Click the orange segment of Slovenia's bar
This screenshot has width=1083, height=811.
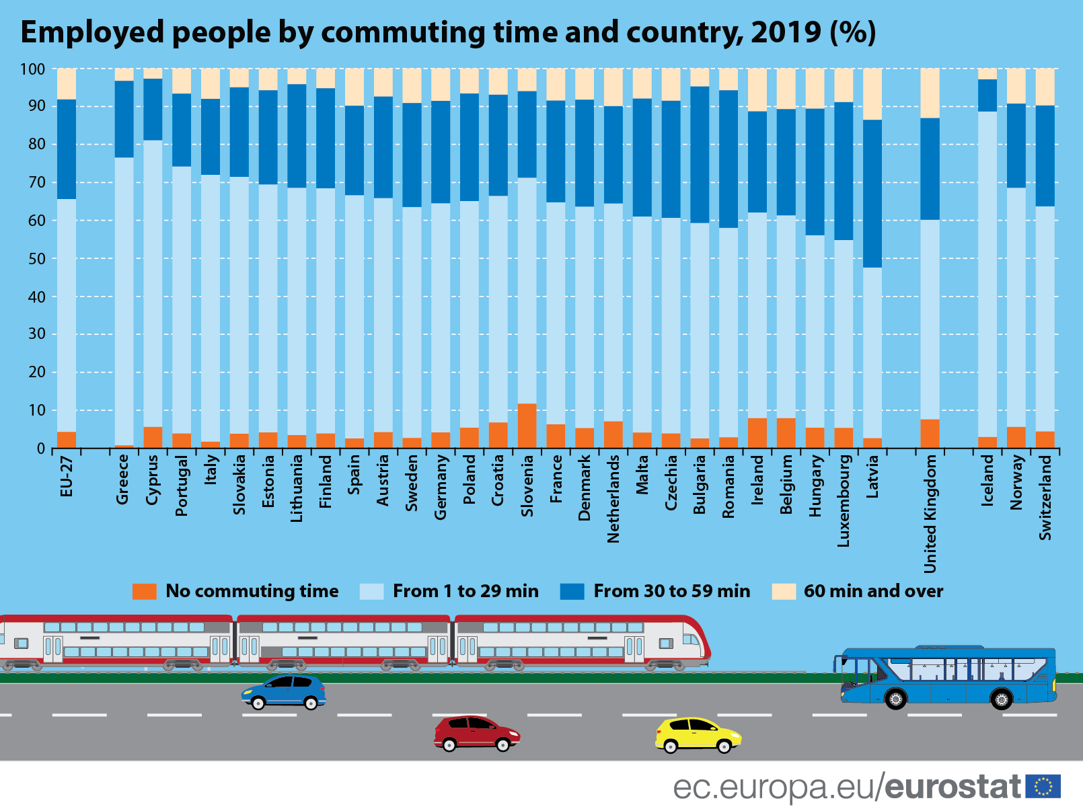[x=527, y=426]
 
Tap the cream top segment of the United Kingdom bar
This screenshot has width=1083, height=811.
[x=930, y=93]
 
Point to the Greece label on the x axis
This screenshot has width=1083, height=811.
[x=122, y=479]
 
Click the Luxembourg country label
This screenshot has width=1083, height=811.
[x=844, y=501]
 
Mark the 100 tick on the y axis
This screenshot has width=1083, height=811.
[x=32, y=69]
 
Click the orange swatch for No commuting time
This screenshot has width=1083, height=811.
[x=145, y=591]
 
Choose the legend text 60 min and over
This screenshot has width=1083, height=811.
[x=873, y=591]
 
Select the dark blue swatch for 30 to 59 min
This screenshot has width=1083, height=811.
[x=572, y=591]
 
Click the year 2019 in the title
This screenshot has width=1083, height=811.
[x=786, y=32]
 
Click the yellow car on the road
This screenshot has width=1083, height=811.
[x=698, y=735]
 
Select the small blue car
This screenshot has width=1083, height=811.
[x=284, y=692]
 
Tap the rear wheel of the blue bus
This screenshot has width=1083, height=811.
[x=1001, y=699]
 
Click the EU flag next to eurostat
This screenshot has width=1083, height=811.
[x=1043, y=786]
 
